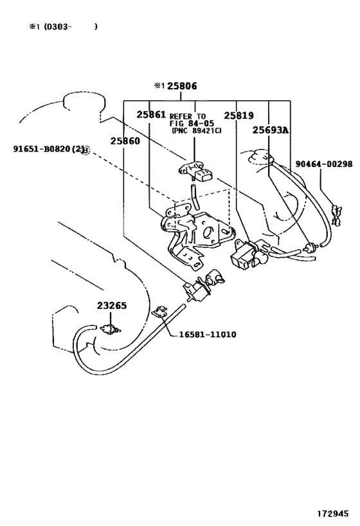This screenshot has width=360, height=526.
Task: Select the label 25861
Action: [152, 115]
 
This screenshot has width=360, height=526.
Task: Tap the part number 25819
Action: [239, 115]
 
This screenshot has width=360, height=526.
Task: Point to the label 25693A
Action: [270, 130]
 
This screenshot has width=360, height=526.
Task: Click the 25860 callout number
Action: [124, 141]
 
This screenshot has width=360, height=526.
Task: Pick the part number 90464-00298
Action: [324, 164]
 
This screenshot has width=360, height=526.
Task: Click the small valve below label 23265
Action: [109, 330]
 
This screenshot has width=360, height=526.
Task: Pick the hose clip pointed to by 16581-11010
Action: [160, 314]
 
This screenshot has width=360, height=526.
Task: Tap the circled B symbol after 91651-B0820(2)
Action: [86, 150]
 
